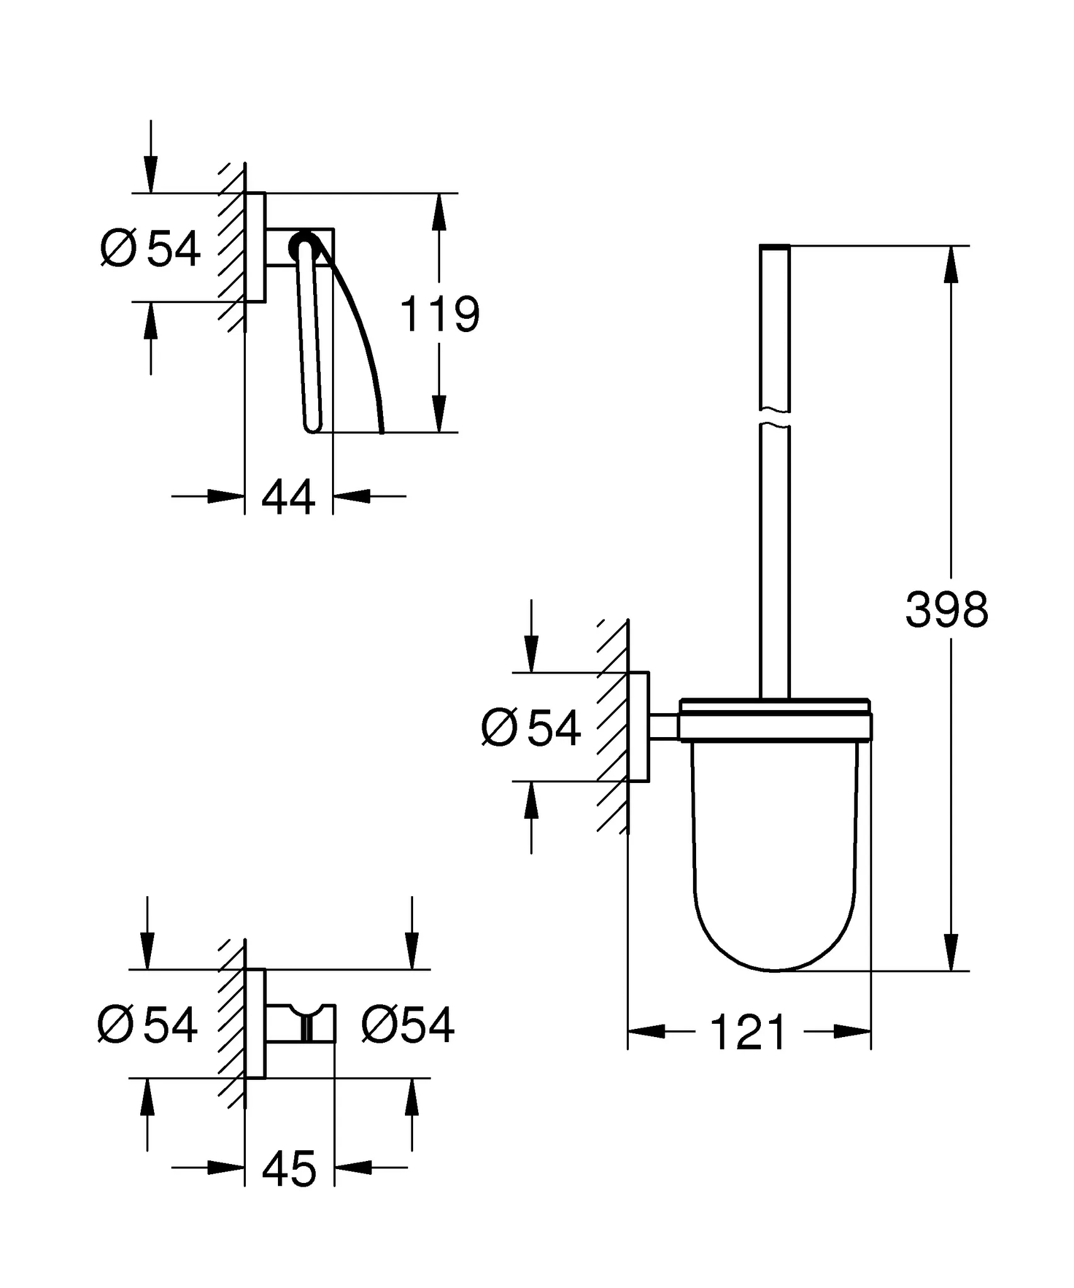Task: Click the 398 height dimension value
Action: (946, 609)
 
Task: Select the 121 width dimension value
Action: (748, 1033)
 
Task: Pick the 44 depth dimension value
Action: (288, 497)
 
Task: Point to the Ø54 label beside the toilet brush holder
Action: (531, 728)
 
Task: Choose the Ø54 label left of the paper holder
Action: (151, 248)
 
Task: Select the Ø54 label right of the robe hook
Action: (407, 1025)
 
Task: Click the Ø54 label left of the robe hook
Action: (148, 1025)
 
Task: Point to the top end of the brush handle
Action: (775, 247)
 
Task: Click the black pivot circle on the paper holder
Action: (304, 245)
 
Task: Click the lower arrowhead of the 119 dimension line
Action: (440, 414)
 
